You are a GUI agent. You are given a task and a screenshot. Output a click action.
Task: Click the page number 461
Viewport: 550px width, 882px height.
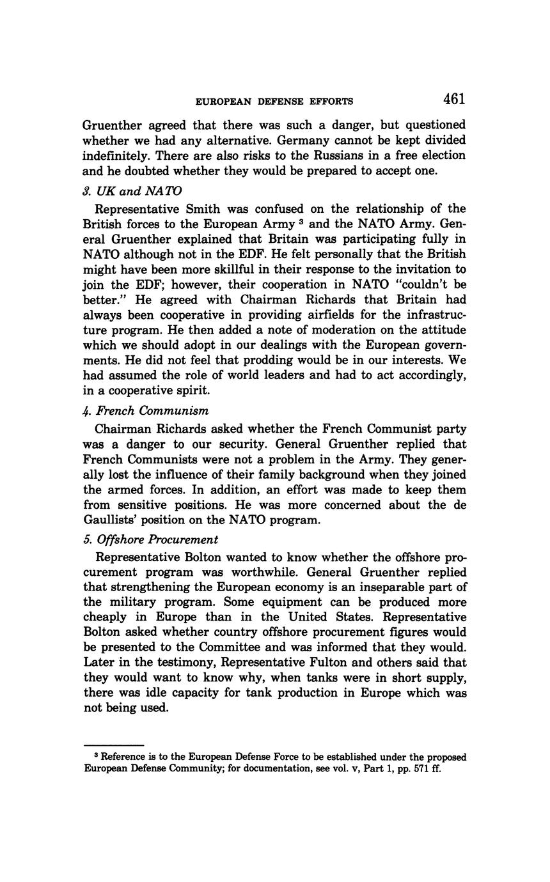pos(453,99)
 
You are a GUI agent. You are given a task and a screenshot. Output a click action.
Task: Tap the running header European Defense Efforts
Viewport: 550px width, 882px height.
pos(274,101)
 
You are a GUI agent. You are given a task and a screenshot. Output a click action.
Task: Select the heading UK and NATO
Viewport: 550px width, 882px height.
pos(132,190)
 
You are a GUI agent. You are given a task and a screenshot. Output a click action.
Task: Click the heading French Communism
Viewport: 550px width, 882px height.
pos(146,410)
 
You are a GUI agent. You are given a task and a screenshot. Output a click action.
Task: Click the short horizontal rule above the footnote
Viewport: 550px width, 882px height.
pos(114,745)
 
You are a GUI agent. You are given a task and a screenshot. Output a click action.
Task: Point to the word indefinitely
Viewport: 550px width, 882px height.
pos(116,155)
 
